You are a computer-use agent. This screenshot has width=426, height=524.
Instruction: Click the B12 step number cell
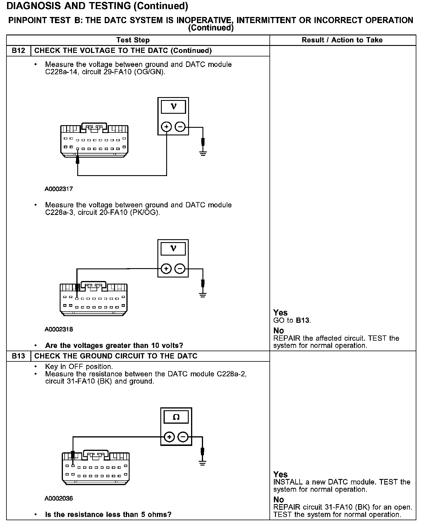pyautogui.click(x=18, y=51)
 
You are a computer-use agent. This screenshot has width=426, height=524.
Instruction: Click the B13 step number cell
pyautogui.click(x=18, y=356)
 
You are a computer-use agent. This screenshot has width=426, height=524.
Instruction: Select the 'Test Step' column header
pyautogui.click(x=133, y=40)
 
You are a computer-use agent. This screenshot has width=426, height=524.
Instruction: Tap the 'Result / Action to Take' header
pyautogui.click(x=342, y=40)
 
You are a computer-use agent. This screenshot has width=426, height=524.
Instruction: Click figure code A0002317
pyautogui.click(x=59, y=189)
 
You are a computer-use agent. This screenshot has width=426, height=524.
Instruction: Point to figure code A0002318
pyautogui.click(x=59, y=329)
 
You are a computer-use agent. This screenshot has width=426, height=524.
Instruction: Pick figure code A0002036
pyautogui.click(x=59, y=498)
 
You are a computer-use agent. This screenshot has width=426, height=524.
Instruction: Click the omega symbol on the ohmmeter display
pyautogui.click(x=176, y=417)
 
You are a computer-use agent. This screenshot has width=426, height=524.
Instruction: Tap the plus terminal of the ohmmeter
pyautogui.click(x=169, y=437)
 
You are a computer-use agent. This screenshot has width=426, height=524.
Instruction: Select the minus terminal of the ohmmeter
pyautogui.click(x=183, y=437)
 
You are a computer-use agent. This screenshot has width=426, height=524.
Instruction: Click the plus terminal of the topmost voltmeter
pyautogui.click(x=166, y=127)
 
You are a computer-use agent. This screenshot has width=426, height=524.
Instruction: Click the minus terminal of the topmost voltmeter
pyautogui.click(x=180, y=127)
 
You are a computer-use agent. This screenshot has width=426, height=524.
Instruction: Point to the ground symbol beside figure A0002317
pyautogui.click(x=203, y=153)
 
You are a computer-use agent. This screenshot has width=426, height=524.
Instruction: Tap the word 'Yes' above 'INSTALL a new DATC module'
pyautogui.click(x=280, y=474)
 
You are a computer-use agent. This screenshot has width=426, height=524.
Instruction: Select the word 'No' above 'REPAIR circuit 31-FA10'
pyautogui.click(x=279, y=499)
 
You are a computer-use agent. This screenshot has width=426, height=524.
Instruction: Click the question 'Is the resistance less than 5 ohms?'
pyautogui.click(x=108, y=514)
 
